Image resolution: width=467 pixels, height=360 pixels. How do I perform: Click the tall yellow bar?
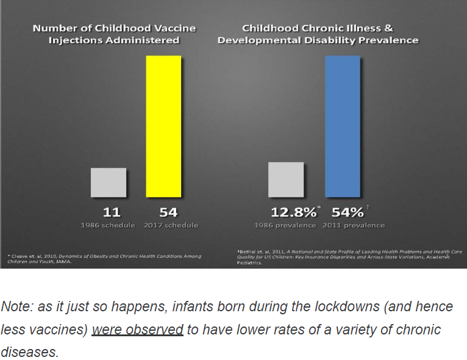[x=164, y=126]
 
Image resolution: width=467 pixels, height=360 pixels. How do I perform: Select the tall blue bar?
[x=343, y=126]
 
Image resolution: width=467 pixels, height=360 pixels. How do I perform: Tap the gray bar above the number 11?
[x=109, y=182]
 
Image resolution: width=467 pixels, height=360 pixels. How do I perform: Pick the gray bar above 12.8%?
[x=286, y=179]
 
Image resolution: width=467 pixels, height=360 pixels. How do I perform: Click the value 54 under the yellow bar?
[x=168, y=212]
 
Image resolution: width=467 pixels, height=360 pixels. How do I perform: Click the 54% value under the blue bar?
[x=348, y=212]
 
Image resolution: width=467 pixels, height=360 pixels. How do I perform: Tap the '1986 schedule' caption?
[x=108, y=225]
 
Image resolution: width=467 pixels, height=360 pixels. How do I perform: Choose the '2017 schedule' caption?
[x=171, y=225]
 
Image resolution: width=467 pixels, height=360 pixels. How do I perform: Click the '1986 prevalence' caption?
[x=285, y=225]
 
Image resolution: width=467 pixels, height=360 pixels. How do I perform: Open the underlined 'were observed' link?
[x=138, y=330]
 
